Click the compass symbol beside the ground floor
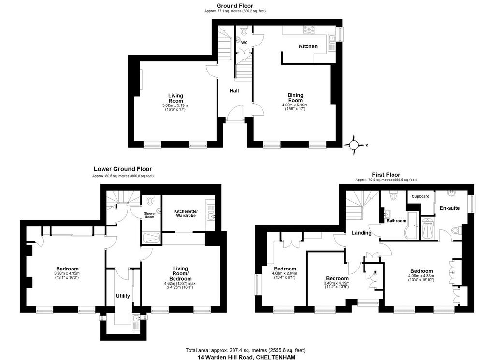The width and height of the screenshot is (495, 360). point(354,145)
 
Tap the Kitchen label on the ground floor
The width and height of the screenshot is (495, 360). point(308,46)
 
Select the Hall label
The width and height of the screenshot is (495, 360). point(234,91)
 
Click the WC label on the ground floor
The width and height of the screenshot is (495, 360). point(244,43)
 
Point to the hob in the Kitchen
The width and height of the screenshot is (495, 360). point(309,30)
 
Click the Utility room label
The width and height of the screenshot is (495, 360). point(123,296)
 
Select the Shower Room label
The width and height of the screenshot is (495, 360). point(150,215)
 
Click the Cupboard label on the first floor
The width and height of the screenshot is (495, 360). point(421,196)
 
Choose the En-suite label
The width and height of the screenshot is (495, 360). point(450,208)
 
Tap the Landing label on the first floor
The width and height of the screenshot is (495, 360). point(362,233)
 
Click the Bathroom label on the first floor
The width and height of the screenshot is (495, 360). point(396,221)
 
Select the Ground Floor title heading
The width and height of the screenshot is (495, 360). point(235,6)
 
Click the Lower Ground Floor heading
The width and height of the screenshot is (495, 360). point(123,169)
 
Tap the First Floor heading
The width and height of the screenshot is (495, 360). point(386,175)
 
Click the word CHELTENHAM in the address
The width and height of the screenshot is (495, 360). point(276,357)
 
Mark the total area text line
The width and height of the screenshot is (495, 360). point(245,350)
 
